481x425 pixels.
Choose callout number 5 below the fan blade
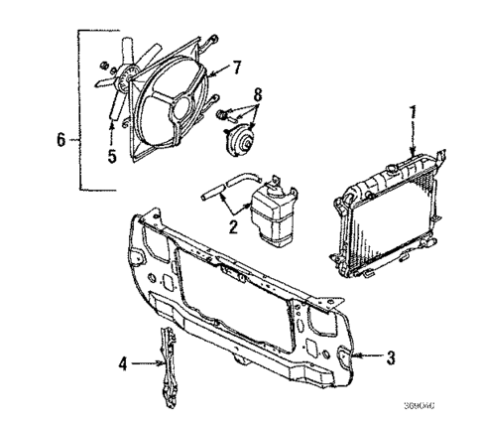pos(111,155)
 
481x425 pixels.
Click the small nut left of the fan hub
pos(102,67)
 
